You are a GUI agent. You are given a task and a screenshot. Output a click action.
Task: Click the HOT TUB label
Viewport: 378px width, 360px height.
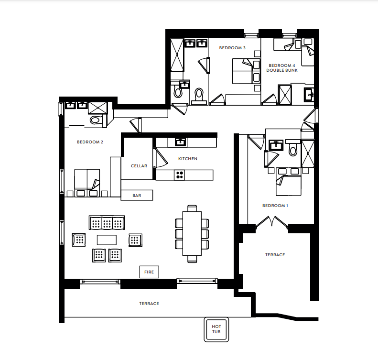(216, 329)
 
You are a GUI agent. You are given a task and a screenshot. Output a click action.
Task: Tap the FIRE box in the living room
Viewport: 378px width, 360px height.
(149, 272)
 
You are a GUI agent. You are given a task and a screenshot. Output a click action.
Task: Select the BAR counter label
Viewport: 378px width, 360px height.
(137, 196)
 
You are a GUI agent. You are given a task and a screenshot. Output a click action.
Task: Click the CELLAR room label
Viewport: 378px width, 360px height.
(139, 166)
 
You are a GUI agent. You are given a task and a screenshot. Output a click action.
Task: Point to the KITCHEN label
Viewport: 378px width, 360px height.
(187, 159)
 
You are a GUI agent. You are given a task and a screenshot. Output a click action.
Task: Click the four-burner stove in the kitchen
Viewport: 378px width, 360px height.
(179, 175)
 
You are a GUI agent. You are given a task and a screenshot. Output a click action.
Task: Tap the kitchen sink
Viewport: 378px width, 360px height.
(181, 142)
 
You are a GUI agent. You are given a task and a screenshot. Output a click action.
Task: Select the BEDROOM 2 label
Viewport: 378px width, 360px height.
(90, 142)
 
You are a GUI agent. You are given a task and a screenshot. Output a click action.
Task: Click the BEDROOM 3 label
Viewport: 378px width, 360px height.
(232, 48)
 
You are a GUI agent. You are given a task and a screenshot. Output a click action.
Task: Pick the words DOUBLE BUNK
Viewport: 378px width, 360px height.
(282, 70)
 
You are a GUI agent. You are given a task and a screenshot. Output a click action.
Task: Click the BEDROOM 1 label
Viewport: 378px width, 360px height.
(275, 206)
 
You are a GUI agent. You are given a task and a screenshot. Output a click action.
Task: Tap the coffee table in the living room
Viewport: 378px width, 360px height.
(107, 240)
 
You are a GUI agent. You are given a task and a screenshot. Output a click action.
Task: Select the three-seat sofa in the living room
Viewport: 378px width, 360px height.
(107, 223)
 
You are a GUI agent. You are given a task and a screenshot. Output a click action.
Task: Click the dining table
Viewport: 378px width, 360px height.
(192, 233)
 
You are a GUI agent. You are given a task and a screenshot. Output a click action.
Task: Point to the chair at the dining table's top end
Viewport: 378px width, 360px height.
(192, 208)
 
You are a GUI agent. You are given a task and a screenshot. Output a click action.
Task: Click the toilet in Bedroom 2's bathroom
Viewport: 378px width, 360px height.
(96, 120)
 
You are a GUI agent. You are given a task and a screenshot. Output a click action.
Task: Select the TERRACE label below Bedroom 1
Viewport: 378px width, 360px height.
(275, 255)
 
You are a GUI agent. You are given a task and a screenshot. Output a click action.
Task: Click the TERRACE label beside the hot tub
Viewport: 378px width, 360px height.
(149, 304)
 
